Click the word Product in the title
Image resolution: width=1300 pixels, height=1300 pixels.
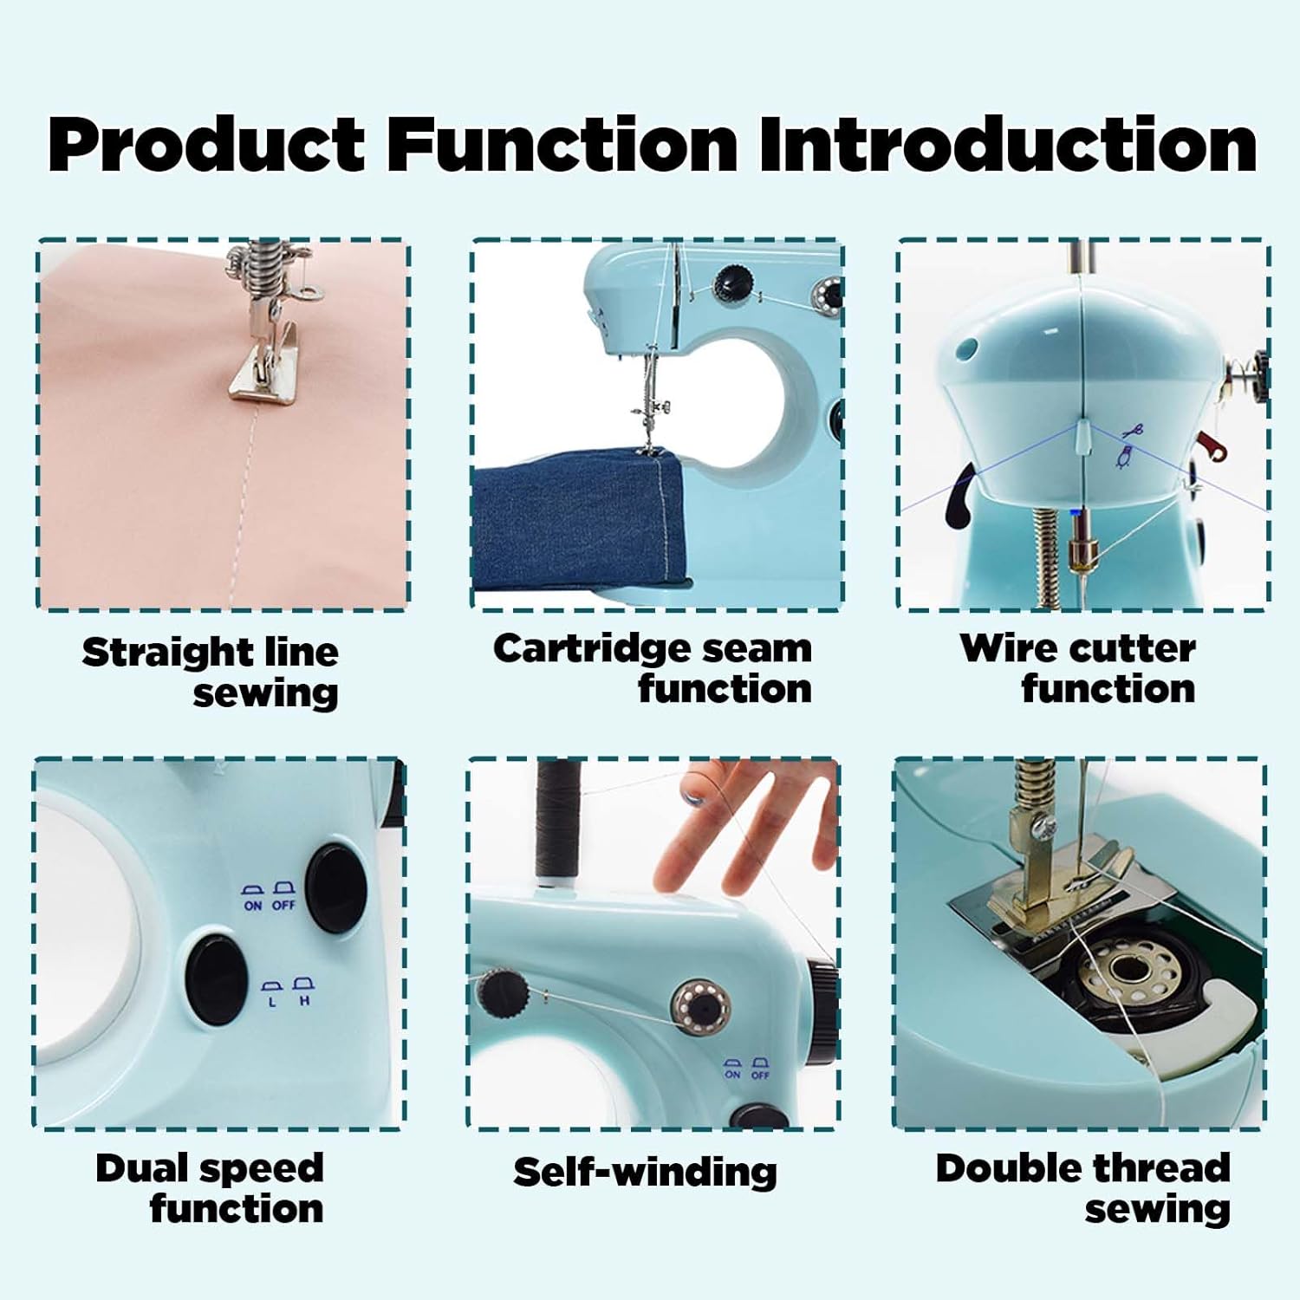click(206, 144)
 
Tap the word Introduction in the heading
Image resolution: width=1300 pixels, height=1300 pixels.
click(1007, 144)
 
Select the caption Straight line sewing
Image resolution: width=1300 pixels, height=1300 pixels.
click(211, 673)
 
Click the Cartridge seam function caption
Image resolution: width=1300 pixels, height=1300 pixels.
click(653, 668)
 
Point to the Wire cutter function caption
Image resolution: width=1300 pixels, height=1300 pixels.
click(1078, 668)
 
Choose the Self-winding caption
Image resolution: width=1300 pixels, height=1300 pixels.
click(645, 1172)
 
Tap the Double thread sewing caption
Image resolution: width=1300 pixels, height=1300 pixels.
click(1083, 1188)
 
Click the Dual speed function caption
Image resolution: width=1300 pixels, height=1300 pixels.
click(211, 1188)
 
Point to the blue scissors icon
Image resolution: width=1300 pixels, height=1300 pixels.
click(1134, 429)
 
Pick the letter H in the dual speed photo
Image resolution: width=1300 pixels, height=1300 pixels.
click(304, 1001)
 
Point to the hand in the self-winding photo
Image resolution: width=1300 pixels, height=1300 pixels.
click(745, 832)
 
